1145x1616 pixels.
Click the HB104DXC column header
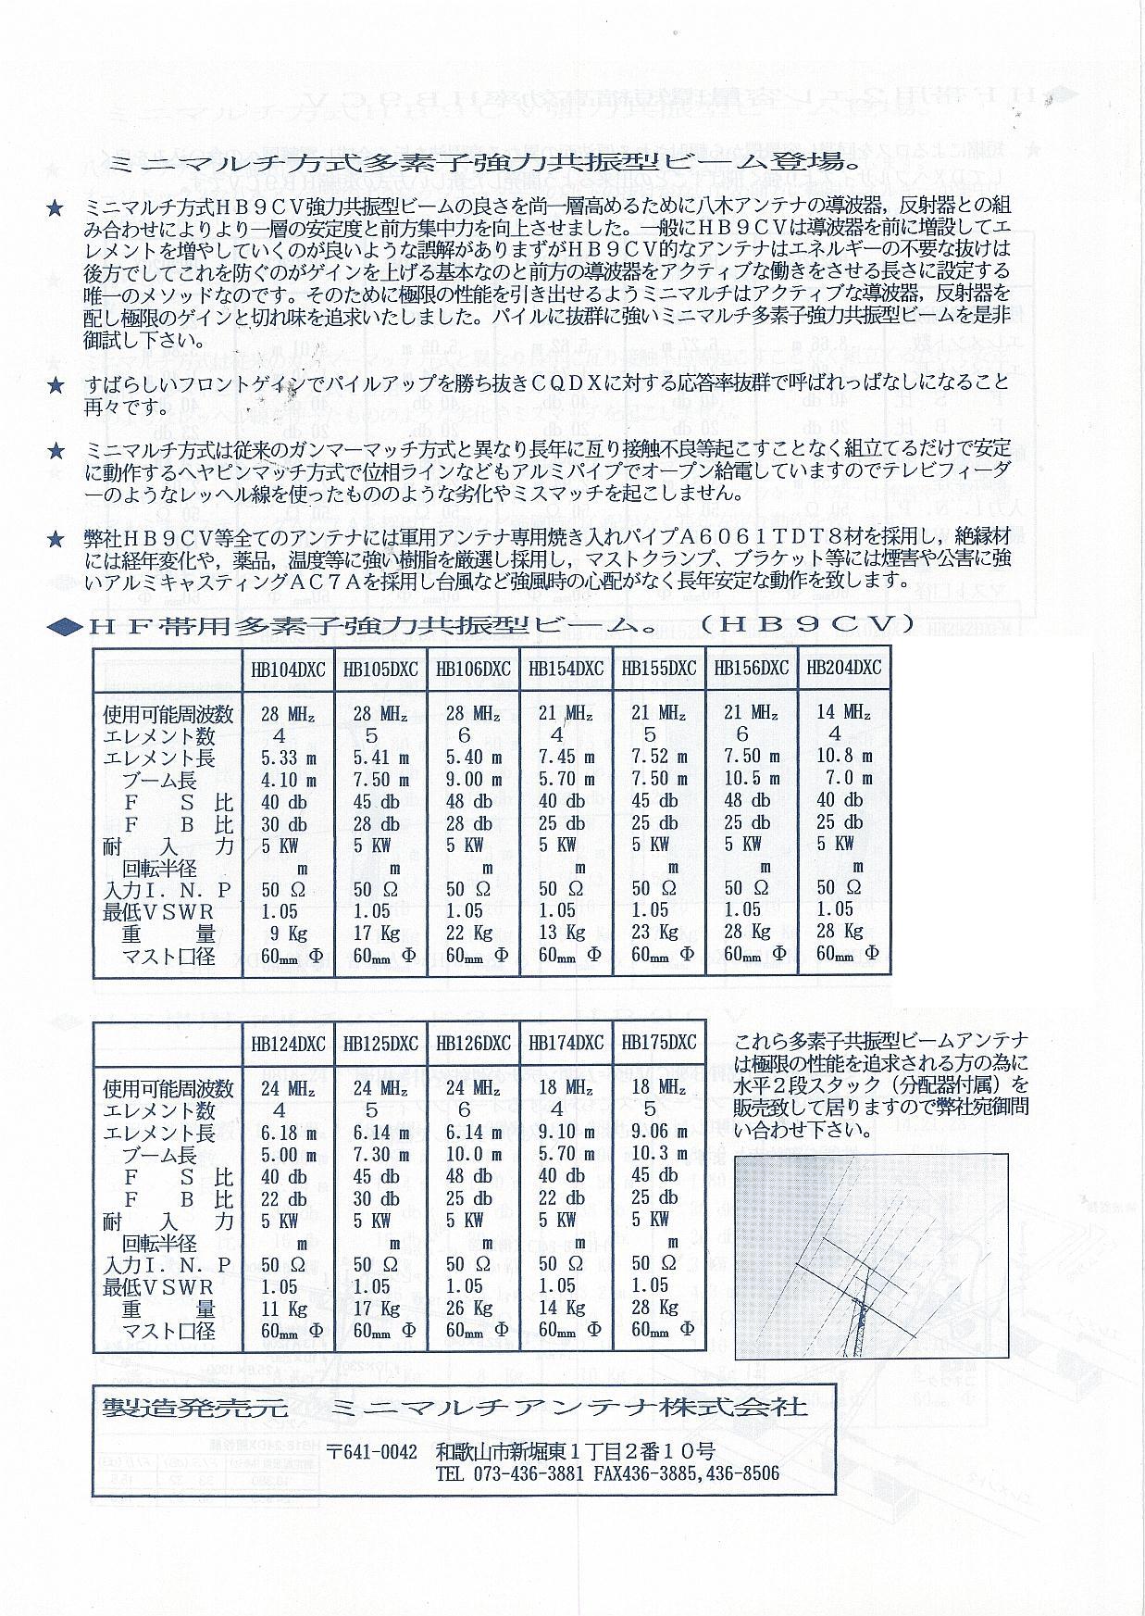pyautogui.click(x=288, y=669)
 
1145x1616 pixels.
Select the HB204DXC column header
pyautogui.click(x=843, y=668)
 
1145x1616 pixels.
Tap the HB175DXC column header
pyautogui.click(x=658, y=1042)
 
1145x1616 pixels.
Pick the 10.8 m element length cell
pyautogui.click(x=843, y=757)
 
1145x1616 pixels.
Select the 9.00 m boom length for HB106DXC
pyautogui.click(x=473, y=780)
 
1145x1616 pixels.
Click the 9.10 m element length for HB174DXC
pyautogui.click(x=566, y=1131)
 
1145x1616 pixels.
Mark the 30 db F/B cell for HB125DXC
pyautogui.click(x=377, y=1198)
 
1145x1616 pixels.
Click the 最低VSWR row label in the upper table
pyautogui.click(x=158, y=911)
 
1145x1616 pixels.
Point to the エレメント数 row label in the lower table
pyautogui.click(x=158, y=1109)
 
